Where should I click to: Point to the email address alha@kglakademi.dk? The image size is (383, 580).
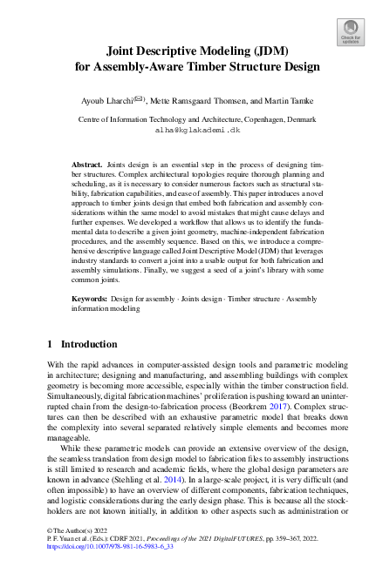click(191, 129)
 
